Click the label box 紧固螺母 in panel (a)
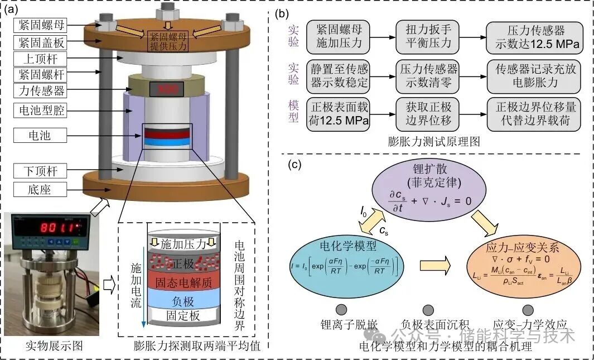tap(41, 25)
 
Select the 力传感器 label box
tap(41, 90)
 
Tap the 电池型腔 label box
tap(41, 112)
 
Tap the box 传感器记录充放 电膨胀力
tap(534, 77)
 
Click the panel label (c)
tap(296, 165)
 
